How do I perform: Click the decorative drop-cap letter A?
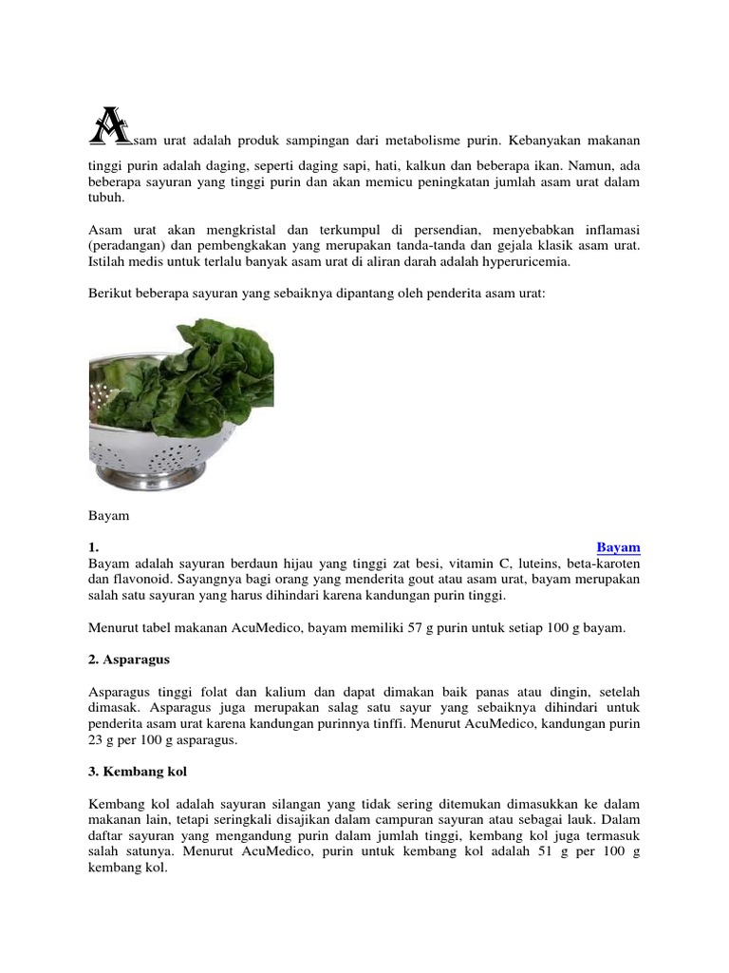pyautogui.click(x=109, y=126)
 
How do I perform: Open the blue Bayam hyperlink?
pyautogui.click(x=618, y=547)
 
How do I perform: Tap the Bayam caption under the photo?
pyautogui.click(x=108, y=516)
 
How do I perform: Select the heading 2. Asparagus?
pyautogui.click(x=129, y=659)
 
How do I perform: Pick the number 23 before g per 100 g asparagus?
pyautogui.click(x=96, y=740)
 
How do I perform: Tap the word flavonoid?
pyautogui.click(x=142, y=579)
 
